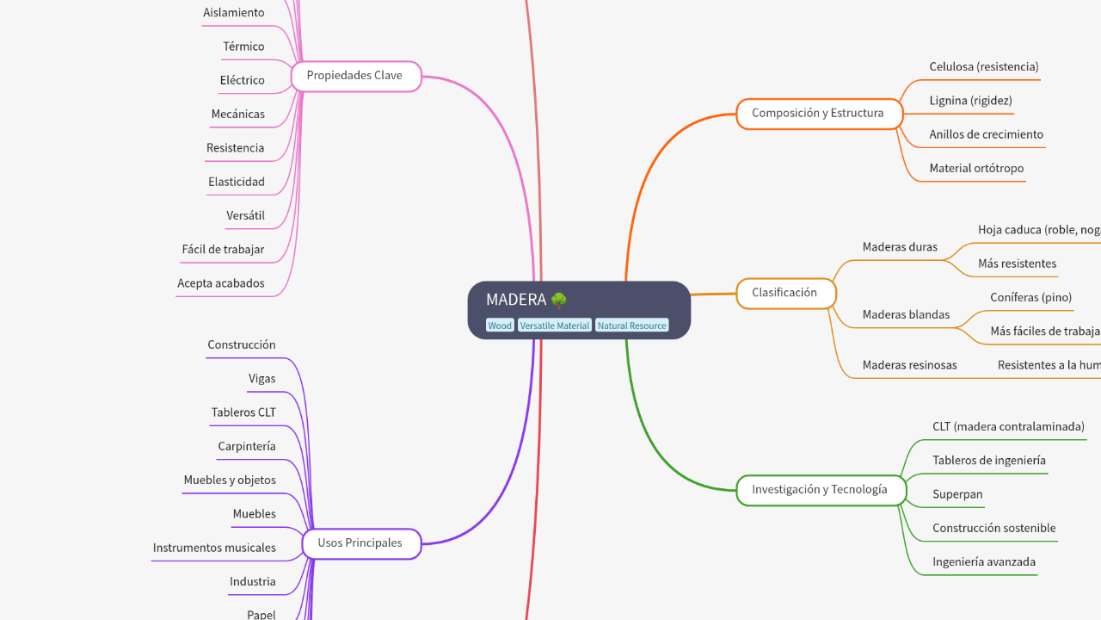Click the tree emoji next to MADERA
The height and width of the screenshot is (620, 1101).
pos(559,300)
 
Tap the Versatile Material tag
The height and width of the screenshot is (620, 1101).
pos(554,325)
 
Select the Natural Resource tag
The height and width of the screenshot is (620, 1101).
pos(631,325)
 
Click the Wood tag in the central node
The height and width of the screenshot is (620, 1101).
pos(499,325)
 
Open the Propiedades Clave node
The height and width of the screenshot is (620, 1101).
pos(355,76)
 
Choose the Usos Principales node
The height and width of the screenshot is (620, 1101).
pos(360,543)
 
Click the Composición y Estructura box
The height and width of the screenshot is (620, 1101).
pos(819,114)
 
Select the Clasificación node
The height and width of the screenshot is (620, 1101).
pos(785,293)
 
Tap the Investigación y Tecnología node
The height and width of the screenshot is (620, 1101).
pos(821,490)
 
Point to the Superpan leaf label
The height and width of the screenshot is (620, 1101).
pos(957,494)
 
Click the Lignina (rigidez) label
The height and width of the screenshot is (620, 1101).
pos(970,101)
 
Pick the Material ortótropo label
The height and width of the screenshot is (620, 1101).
pos(976,169)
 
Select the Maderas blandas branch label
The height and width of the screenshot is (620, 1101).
pos(906,315)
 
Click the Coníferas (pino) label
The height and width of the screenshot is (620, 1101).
pos(1030,298)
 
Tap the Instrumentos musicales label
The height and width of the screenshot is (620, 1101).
pos(214,548)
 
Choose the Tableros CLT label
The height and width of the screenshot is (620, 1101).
pos(243,412)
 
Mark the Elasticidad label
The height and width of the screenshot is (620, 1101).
pos(237,183)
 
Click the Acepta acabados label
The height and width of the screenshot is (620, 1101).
pos(221,283)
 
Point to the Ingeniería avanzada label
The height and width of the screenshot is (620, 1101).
pos(984,562)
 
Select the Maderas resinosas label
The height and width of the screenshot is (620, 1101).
pos(909,365)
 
